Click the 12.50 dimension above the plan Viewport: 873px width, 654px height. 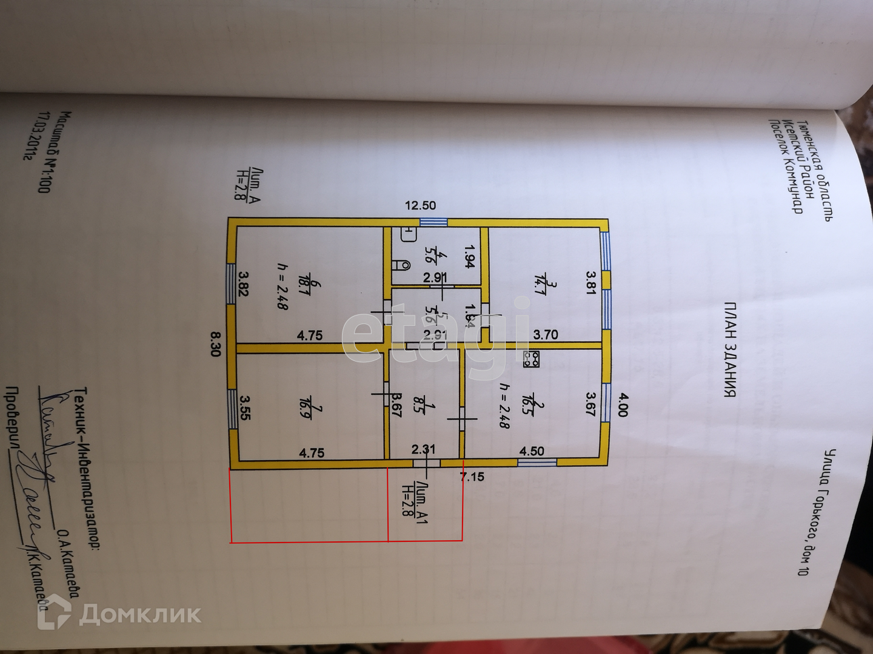[420, 206]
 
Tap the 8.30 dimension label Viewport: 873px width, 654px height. [215, 343]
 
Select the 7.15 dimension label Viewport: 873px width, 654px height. [472, 477]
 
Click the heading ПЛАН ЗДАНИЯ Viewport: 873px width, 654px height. [730, 349]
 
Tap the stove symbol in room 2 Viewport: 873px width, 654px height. [532, 360]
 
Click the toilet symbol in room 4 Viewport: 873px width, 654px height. [401, 265]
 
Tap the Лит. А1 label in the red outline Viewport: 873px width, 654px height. [416, 503]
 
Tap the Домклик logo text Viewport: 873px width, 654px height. [139, 615]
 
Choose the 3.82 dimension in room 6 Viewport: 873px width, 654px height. [244, 283]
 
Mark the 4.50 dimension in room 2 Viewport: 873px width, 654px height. [532, 451]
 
